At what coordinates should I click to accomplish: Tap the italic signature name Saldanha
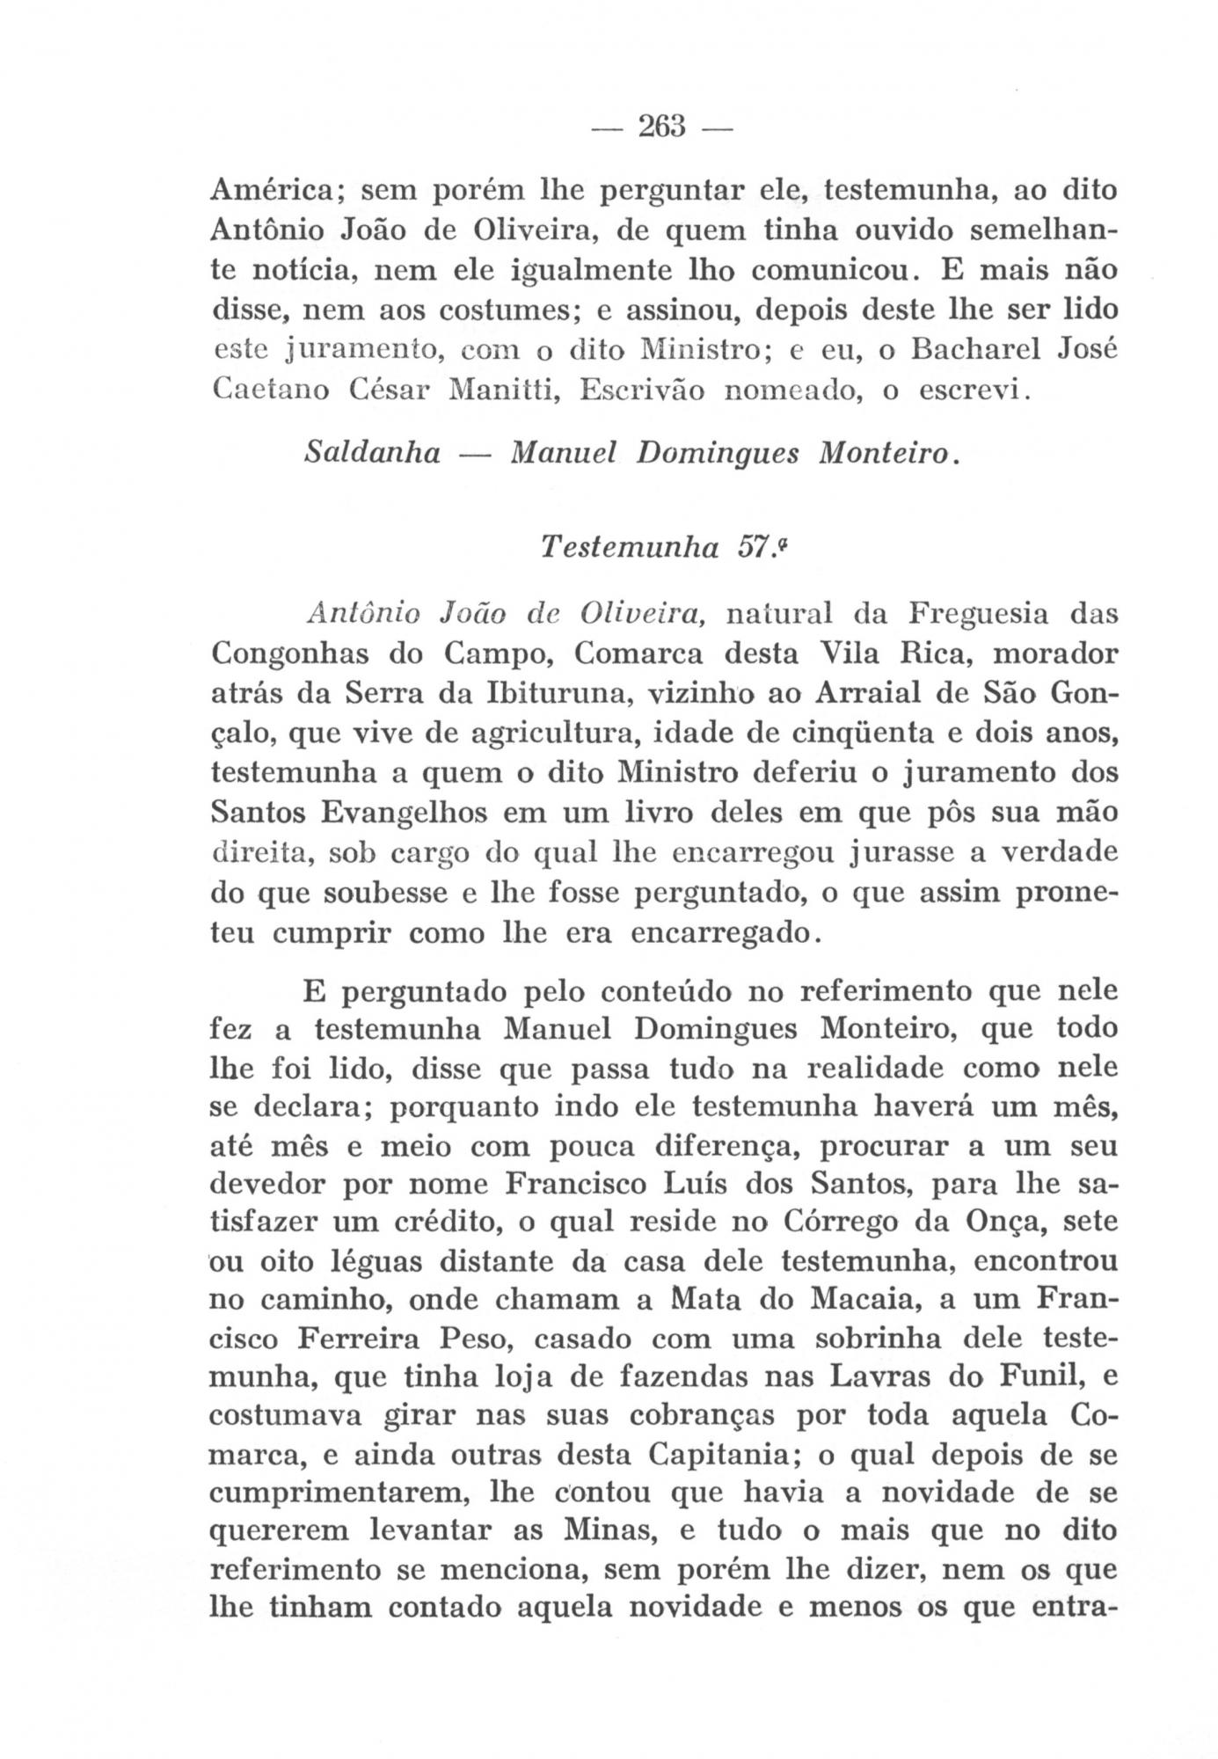tap(372, 454)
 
